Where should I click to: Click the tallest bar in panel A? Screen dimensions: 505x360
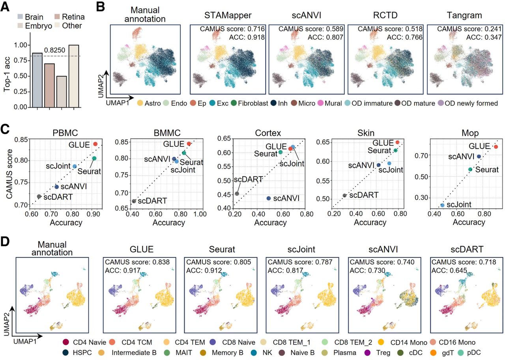tap(74, 76)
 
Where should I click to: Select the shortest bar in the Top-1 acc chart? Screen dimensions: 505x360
tap(62, 92)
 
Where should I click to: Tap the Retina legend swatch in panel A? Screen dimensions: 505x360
tap(57, 17)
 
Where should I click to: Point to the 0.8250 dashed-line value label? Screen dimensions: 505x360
tap(54, 50)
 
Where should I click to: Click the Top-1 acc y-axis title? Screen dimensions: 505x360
tap(7, 75)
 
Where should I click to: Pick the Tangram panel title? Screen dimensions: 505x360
tap(464, 15)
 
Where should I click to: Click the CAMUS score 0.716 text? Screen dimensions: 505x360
tap(232, 29)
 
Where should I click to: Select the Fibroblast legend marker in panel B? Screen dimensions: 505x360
tap(234, 103)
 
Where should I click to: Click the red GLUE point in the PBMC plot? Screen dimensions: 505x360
tap(95, 144)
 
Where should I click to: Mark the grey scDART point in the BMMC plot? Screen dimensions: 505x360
tap(134, 201)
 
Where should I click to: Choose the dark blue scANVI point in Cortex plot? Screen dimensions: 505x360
tap(269, 198)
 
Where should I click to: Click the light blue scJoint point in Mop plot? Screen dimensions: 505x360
tap(442, 205)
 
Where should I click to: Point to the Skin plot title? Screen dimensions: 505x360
tap(366, 133)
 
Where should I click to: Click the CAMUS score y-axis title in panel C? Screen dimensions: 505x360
tap(9, 174)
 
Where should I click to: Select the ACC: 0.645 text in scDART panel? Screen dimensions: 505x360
tap(449, 270)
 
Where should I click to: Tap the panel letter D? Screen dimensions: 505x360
tap(5, 241)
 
